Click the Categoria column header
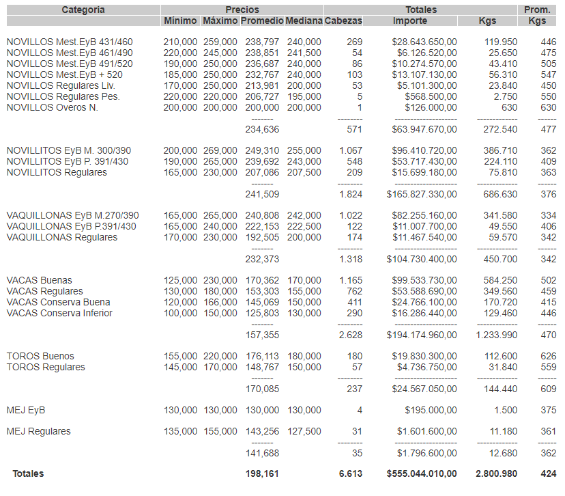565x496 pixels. pos(83,10)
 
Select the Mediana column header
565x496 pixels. pos(304,21)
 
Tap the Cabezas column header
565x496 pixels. pos(343,21)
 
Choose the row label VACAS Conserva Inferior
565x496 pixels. pos(59,314)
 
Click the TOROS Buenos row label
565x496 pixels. pos(40,357)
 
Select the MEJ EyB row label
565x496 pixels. pos(26,411)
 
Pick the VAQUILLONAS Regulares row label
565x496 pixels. pos(62,238)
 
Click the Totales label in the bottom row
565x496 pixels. pos(27,473)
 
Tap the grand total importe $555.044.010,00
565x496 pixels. pos(422,473)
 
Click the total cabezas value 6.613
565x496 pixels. pos(351,473)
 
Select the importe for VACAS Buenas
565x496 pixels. pos(424,281)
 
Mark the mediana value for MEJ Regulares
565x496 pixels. pos(304,432)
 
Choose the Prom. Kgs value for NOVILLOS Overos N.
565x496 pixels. pos(548,108)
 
